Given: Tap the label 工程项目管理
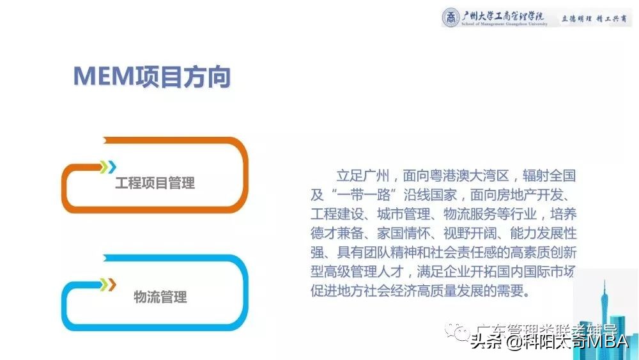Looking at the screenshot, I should [x=155, y=184].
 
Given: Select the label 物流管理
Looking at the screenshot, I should [x=160, y=297].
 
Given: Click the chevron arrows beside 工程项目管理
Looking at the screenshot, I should [x=108, y=167].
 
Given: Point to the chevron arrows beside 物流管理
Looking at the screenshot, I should [x=108, y=284].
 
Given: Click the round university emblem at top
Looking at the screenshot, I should [x=452, y=18].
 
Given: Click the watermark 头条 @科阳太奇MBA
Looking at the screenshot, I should [x=550, y=342].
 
